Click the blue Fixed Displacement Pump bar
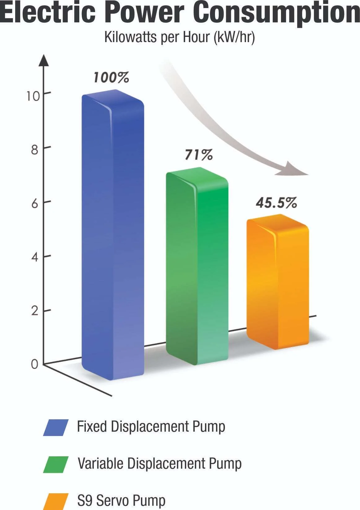[113, 235]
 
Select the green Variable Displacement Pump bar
[197, 266]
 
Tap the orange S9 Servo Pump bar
[278, 282]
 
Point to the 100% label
[111, 78]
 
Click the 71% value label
[199, 155]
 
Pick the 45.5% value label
[276, 203]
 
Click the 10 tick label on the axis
[33, 96]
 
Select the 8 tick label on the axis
[34, 150]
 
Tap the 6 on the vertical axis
[35, 204]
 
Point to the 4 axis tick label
[35, 257]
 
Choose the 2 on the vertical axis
[35, 311]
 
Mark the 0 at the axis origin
[34, 364]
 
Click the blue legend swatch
[56, 428]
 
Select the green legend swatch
[56, 464]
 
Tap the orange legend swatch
[56, 501]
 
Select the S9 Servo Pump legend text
[121, 500]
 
